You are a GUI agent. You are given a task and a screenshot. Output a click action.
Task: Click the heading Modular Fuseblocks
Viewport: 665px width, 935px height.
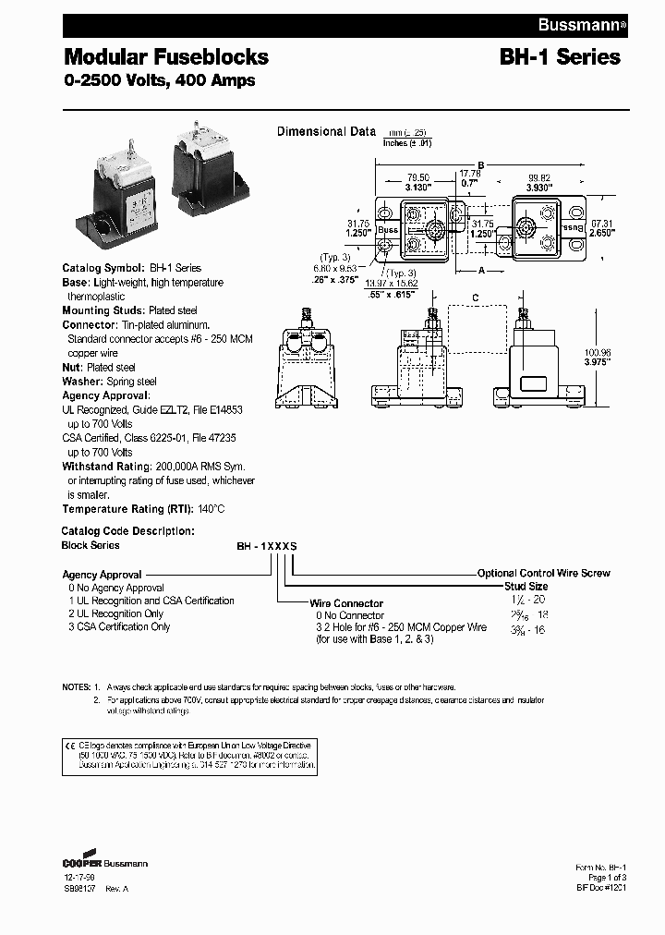coord(165,56)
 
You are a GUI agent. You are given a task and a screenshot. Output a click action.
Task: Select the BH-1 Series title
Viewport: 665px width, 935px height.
coord(560,56)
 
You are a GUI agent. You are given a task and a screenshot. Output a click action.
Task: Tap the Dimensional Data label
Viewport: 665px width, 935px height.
coord(326,132)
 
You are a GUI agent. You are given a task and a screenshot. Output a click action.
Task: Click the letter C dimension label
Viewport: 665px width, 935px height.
coord(474,297)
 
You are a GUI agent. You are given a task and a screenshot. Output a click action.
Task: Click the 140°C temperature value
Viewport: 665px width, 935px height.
coord(210,509)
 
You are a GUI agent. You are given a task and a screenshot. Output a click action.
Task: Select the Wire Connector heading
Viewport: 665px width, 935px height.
coord(346,603)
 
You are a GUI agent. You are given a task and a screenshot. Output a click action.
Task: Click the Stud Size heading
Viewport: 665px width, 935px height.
coord(526,587)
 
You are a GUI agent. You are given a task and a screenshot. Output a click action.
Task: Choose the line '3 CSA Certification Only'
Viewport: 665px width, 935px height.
coord(119,626)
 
